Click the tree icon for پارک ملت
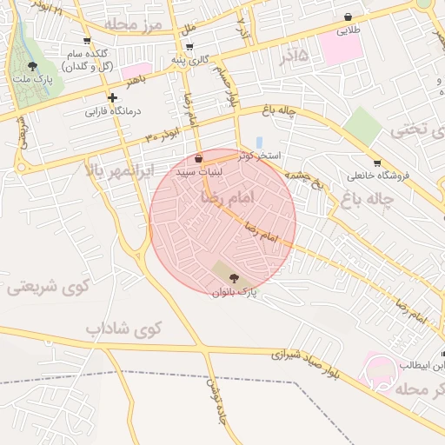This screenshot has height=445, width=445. [33, 66]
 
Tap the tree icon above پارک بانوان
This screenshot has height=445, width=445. [234, 278]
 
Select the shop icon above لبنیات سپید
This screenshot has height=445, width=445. [199, 159]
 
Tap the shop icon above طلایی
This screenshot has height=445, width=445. [349, 17]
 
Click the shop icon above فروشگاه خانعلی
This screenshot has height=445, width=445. [377, 163]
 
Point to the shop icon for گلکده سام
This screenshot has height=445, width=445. [86, 40]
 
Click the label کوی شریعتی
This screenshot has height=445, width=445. [44, 287]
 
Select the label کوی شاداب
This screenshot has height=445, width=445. [124, 329]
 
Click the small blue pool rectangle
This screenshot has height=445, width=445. [259, 143]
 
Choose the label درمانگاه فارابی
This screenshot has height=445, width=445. [113, 111]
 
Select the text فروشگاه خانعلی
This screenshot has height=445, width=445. [378, 176]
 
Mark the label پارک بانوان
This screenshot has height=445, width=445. [235, 293]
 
